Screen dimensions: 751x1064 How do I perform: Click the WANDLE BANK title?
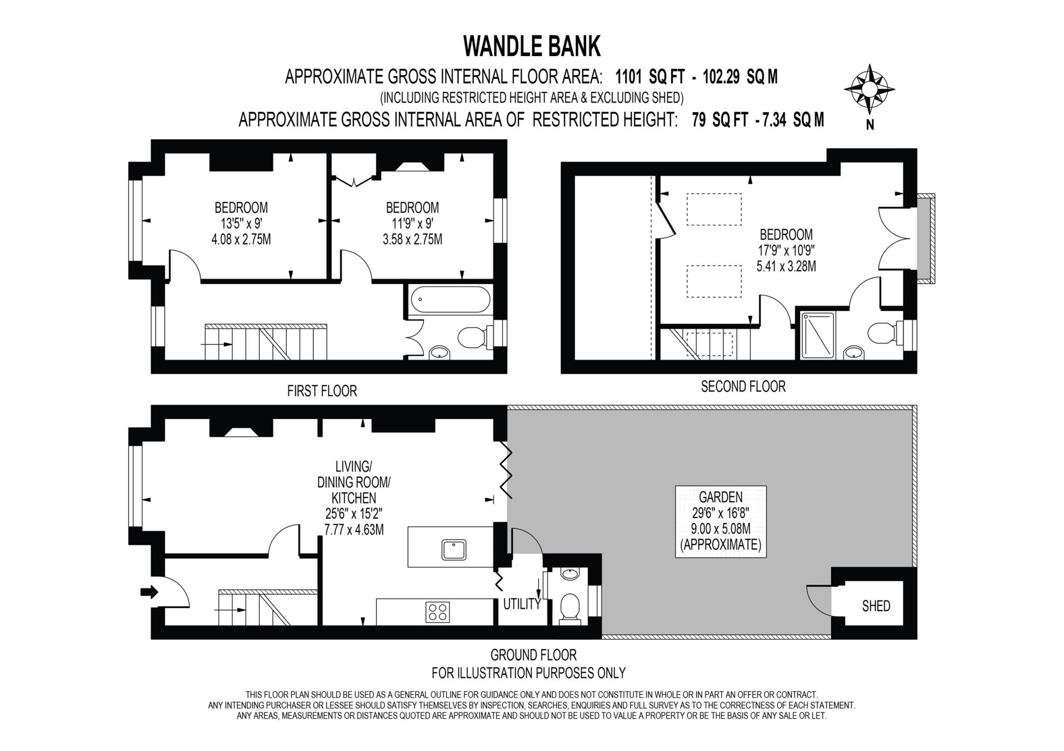(531, 47)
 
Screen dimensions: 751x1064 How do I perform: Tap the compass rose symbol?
(869, 89)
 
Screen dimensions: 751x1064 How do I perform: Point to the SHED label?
(876, 606)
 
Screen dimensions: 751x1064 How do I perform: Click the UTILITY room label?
(522, 604)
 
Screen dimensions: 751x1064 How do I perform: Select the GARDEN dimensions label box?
(721, 521)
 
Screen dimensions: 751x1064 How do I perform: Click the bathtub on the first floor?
(450, 300)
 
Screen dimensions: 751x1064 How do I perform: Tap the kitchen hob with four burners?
(437, 611)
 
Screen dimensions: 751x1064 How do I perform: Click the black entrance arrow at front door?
(149, 592)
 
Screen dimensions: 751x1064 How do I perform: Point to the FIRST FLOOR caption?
(322, 391)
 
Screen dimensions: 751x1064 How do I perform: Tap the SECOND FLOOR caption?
(743, 386)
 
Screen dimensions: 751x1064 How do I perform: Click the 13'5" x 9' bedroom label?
(241, 223)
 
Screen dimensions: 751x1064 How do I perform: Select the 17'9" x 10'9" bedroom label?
(786, 250)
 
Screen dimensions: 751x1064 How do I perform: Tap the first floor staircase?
(266, 342)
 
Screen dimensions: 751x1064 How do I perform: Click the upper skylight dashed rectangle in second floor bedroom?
(714, 209)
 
